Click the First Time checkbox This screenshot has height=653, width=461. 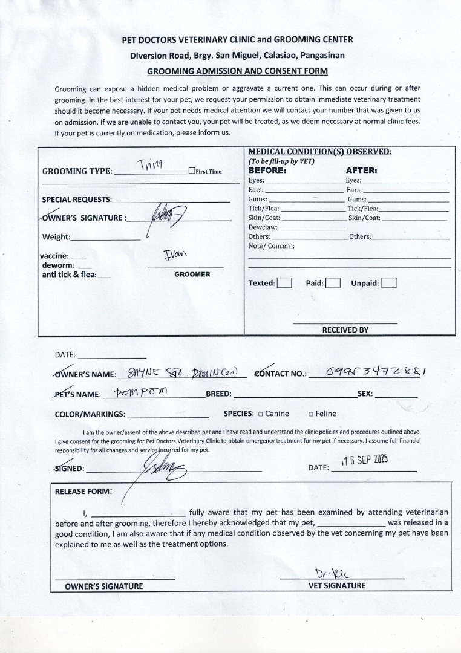tap(191, 171)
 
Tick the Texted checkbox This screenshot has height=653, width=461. tap(284, 283)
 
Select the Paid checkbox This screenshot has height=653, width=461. tap(333, 283)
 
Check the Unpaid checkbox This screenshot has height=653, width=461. tap(389, 283)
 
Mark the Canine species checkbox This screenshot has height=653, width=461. tap(260, 414)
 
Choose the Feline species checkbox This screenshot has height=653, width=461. tap(310, 414)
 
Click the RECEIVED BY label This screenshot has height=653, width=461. tap(345, 330)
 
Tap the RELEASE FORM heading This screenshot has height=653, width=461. tap(83, 491)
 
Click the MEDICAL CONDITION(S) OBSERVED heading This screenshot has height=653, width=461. tap(320, 152)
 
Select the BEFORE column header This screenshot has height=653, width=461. tap(267, 171)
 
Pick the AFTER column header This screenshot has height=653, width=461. tap(361, 171)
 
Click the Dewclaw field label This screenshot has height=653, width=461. tap(263, 227)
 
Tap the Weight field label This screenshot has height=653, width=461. tap(56, 237)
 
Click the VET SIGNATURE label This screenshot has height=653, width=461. tap(337, 585)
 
